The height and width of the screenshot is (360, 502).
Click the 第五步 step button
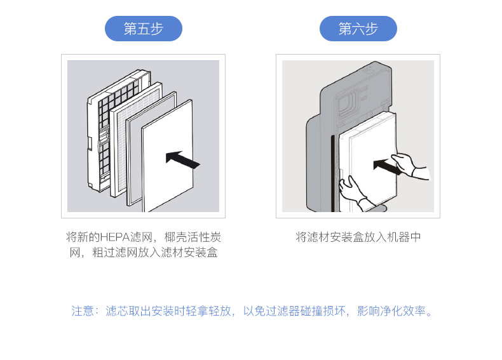coord(143,29)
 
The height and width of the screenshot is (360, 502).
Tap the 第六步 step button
coord(358,29)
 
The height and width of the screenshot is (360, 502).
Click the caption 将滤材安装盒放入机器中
coord(358,237)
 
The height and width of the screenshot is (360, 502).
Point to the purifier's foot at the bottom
coord(376,208)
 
